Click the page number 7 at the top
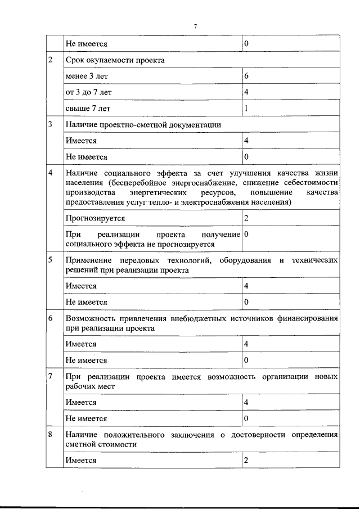[x=195, y=26]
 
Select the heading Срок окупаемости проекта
[x=115, y=60]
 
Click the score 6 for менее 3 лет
[x=246, y=75]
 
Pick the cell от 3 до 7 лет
[x=85, y=91]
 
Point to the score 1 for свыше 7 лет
[x=246, y=107]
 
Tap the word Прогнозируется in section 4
[x=95, y=218]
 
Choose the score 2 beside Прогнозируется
[x=246, y=218]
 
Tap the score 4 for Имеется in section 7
[x=246, y=403]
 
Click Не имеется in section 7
[x=86, y=418]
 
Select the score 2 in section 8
[x=246, y=461]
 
